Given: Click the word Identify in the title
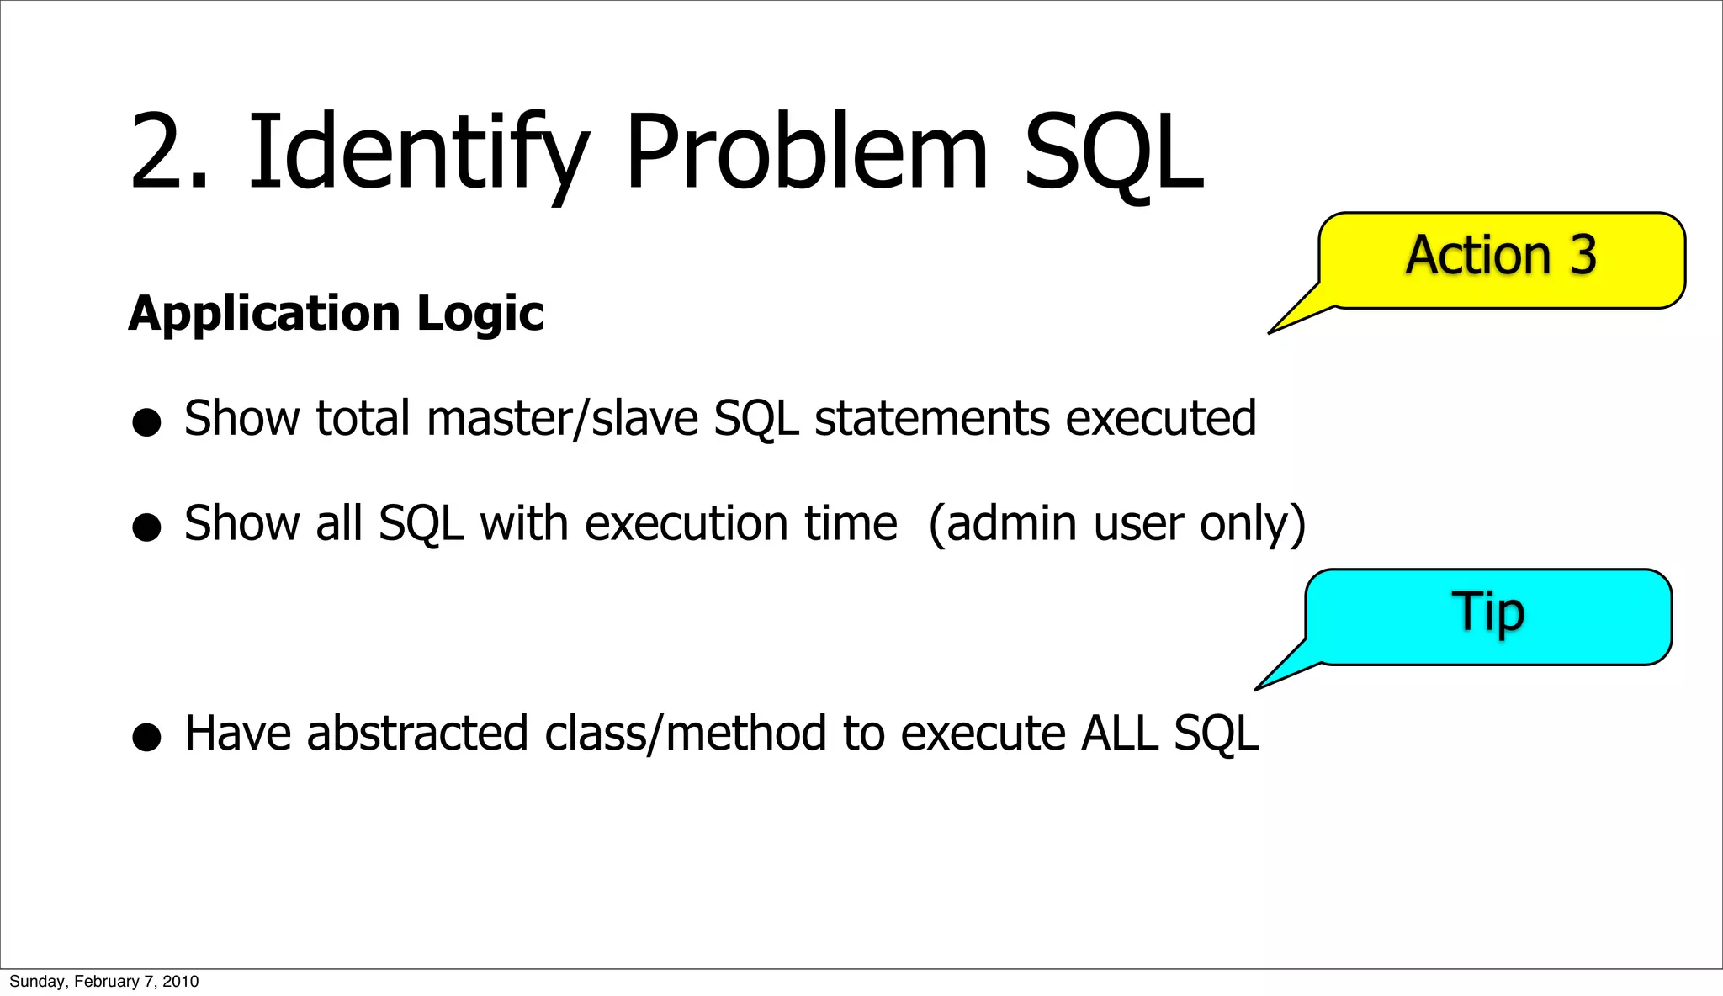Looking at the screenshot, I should tap(416, 153).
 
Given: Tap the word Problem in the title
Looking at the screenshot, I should tap(806, 153).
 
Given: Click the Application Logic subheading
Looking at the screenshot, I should tap(336, 313).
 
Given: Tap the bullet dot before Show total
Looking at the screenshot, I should tap(146, 422).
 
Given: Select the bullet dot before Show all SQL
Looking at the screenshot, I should tap(146, 527).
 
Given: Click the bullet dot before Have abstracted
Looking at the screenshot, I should tap(146, 738).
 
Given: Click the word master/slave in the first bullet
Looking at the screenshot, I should tap(562, 418).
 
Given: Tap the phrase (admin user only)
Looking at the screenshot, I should tap(1116, 523).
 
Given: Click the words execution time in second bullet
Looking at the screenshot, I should tap(740, 523).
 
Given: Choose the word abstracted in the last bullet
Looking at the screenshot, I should tap(417, 733).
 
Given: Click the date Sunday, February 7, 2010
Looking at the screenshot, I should tap(103, 982).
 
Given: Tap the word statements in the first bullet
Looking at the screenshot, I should tap(931, 418).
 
